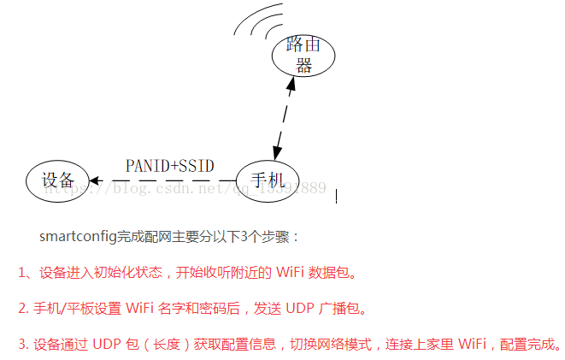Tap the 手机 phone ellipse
tap(267, 180)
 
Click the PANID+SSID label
tap(169, 166)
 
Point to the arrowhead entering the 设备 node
tap(96, 180)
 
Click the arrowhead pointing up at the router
tap(291, 85)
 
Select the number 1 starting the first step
tap(22, 273)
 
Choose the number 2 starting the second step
tap(22, 309)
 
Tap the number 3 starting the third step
tap(22, 345)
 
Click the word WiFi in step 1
tap(288, 273)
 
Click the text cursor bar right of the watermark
tap(336, 196)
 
